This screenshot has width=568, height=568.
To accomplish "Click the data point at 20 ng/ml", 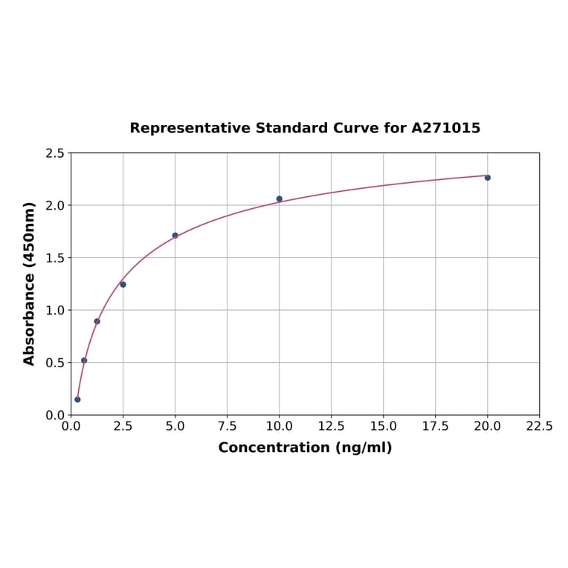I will click(488, 178).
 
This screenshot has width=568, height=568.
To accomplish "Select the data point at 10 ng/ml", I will click(280, 199).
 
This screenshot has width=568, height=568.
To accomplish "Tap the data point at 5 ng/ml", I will click(175, 236).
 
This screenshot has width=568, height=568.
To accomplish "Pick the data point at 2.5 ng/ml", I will click(123, 285).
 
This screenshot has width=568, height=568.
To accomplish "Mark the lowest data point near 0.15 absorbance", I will click(77, 399).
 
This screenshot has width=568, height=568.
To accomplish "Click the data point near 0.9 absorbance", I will click(97, 321).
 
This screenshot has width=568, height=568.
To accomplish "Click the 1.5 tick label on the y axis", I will click(55, 258).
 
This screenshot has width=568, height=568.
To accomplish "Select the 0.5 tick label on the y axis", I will click(55, 363).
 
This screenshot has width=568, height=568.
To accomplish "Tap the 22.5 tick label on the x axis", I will click(539, 427).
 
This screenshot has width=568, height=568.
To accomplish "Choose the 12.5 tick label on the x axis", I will click(331, 427).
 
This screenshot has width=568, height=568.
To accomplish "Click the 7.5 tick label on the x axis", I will click(227, 427).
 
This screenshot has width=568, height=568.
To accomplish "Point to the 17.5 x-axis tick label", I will click(435, 427).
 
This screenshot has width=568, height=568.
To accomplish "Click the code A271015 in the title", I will click(445, 128).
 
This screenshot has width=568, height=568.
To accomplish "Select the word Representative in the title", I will click(190, 128).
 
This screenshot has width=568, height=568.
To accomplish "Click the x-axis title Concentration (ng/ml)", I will click(305, 448).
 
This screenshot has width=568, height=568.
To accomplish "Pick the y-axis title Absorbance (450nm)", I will click(30, 283).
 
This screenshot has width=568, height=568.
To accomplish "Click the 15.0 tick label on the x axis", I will click(383, 427).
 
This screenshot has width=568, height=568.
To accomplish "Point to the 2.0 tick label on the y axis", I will click(55, 205).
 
